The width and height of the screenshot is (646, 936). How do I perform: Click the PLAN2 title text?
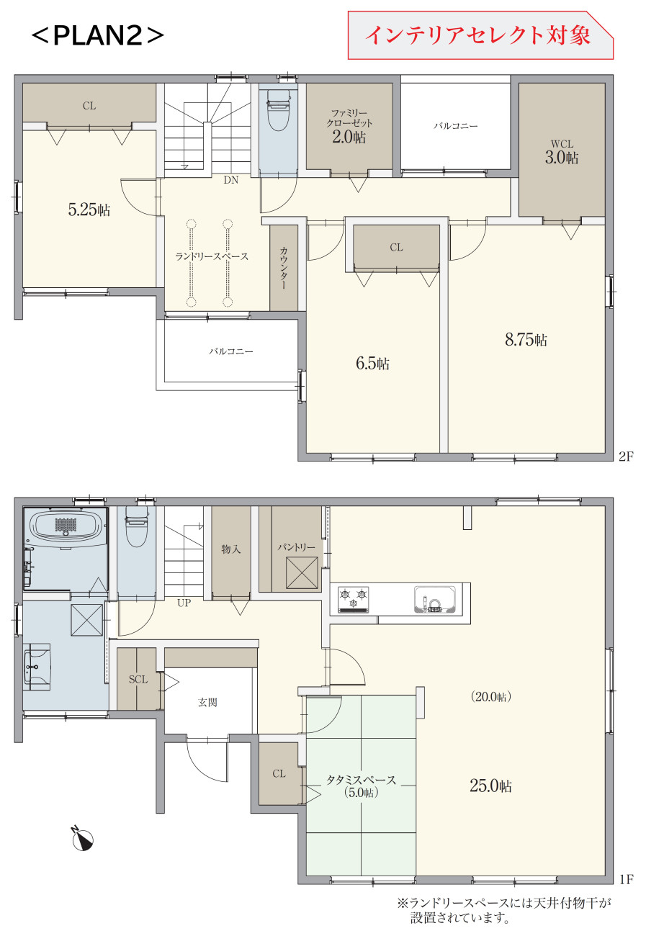click(x=97, y=36)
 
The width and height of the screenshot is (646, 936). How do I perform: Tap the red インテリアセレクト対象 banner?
click(x=480, y=35)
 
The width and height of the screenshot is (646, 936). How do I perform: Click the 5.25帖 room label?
click(x=89, y=210)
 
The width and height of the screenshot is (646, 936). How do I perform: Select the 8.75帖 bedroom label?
click(x=526, y=339)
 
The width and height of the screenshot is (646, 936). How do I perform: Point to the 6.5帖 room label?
click(x=372, y=364)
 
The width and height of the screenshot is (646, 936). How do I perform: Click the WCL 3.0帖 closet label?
click(x=562, y=153)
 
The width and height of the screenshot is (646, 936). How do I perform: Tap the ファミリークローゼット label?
click(x=349, y=118)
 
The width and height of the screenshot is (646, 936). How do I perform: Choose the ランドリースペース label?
click(x=212, y=256)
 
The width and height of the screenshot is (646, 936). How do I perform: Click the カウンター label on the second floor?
click(x=284, y=268)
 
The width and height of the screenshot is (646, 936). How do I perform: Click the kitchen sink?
click(x=435, y=600)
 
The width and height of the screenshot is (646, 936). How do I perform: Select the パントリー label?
click(x=296, y=547)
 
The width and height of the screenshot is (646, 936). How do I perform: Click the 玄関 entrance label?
click(x=207, y=703)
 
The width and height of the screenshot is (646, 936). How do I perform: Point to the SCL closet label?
click(x=138, y=680)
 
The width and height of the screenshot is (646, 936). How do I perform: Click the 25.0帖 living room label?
click(x=490, y=786)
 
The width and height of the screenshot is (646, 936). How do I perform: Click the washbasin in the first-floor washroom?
click(x=37, y=667)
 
